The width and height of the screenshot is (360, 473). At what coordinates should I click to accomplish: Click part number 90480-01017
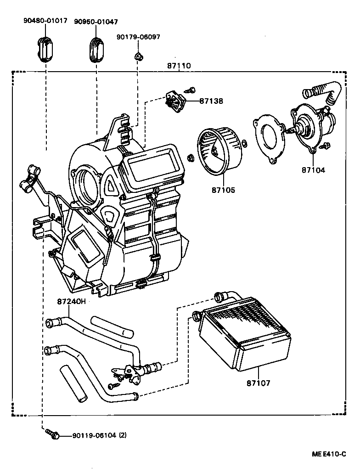tap(45, 21)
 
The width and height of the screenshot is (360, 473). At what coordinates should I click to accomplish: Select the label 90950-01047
tap(96, 21)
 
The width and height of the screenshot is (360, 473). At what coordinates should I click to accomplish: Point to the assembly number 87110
tap(179, 66)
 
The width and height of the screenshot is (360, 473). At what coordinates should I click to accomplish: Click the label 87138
tap(211, 101)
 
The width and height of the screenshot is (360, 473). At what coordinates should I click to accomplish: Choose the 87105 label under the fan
tap(224, 190)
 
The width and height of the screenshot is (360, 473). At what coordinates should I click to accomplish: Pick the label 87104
tap(313, 170)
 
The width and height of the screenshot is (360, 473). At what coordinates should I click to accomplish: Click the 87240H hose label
tap(72, 302)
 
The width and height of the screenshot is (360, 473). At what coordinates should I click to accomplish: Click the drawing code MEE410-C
tap(328, 454)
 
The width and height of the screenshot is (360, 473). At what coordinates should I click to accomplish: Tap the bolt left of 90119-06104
tap(51, 434)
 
